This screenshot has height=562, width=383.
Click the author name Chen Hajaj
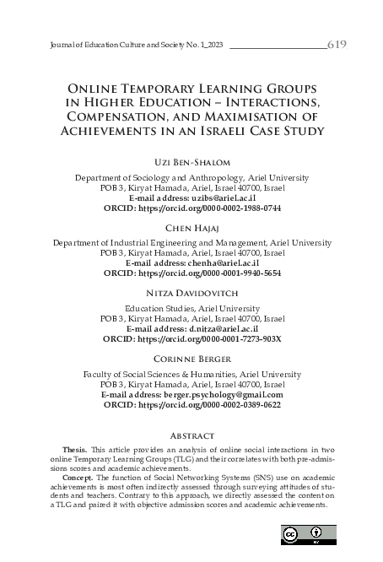pos(191,227)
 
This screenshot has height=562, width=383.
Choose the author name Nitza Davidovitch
pos(191,294)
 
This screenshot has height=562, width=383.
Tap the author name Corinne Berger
pos(191,359)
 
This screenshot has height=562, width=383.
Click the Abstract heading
pos(191,436)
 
